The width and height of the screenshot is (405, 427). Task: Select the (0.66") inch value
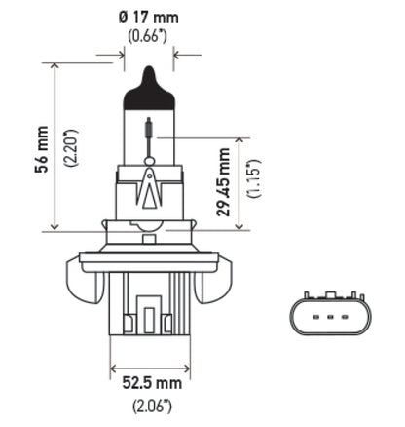147,37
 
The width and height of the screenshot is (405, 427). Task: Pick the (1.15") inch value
251,183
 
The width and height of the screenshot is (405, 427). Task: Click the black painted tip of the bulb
148,78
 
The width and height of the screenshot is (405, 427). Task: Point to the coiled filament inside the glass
148,131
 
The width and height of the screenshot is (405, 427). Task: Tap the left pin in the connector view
315,319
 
